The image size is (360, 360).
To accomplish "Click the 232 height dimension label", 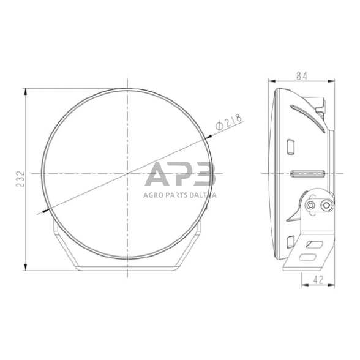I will pos(20,179).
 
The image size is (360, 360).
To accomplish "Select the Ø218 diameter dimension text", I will pos(227,122).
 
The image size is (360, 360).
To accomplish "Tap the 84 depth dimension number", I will pos(301,75).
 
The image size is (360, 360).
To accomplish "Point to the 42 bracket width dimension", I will pos(318,280).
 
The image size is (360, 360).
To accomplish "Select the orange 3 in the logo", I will pos(203,176).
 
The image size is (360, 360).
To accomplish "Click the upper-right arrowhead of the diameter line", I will pos(209,141).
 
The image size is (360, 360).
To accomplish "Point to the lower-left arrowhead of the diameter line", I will pos(45,211).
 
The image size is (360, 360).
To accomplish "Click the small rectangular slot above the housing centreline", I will pos(291,146).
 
